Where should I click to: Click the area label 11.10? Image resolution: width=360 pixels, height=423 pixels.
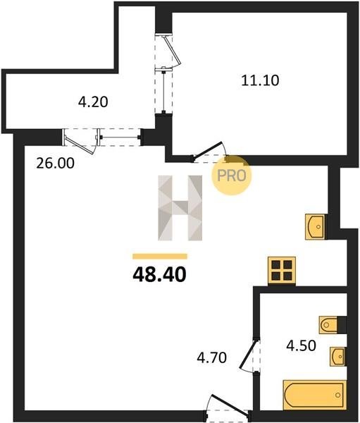(x=260, y=80)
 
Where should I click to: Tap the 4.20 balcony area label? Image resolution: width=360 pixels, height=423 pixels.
(x=93, y=102)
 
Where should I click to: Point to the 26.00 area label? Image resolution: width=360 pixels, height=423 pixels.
(x=55, y=164)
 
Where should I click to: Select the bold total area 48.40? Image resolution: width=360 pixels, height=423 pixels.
(x=159, y=275)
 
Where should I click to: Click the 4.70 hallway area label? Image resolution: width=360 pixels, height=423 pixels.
(x=211, y=358)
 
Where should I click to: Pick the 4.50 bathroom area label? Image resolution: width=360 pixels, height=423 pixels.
(x=301, y=346)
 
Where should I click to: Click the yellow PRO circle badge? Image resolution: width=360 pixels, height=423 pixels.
(x=231, y=176)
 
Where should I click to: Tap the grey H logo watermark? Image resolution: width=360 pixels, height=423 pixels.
(x=180, y=208)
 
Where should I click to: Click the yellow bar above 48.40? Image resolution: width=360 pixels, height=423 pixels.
(x=160, y=257)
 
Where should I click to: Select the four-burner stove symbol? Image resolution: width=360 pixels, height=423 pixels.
(x=282, y=271)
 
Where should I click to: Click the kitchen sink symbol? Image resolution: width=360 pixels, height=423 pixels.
(x=316, y=227)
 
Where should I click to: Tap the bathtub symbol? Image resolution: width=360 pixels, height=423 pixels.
(x=314, y=396)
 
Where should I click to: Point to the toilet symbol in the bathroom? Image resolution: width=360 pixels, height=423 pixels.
(x=329, y=324)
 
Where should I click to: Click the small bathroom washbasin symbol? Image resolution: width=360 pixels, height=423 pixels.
(x=337, y=356)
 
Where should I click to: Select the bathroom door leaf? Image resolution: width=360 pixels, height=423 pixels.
(x=248, y=353)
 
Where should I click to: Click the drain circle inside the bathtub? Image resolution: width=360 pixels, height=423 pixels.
(x=338, y=396)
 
